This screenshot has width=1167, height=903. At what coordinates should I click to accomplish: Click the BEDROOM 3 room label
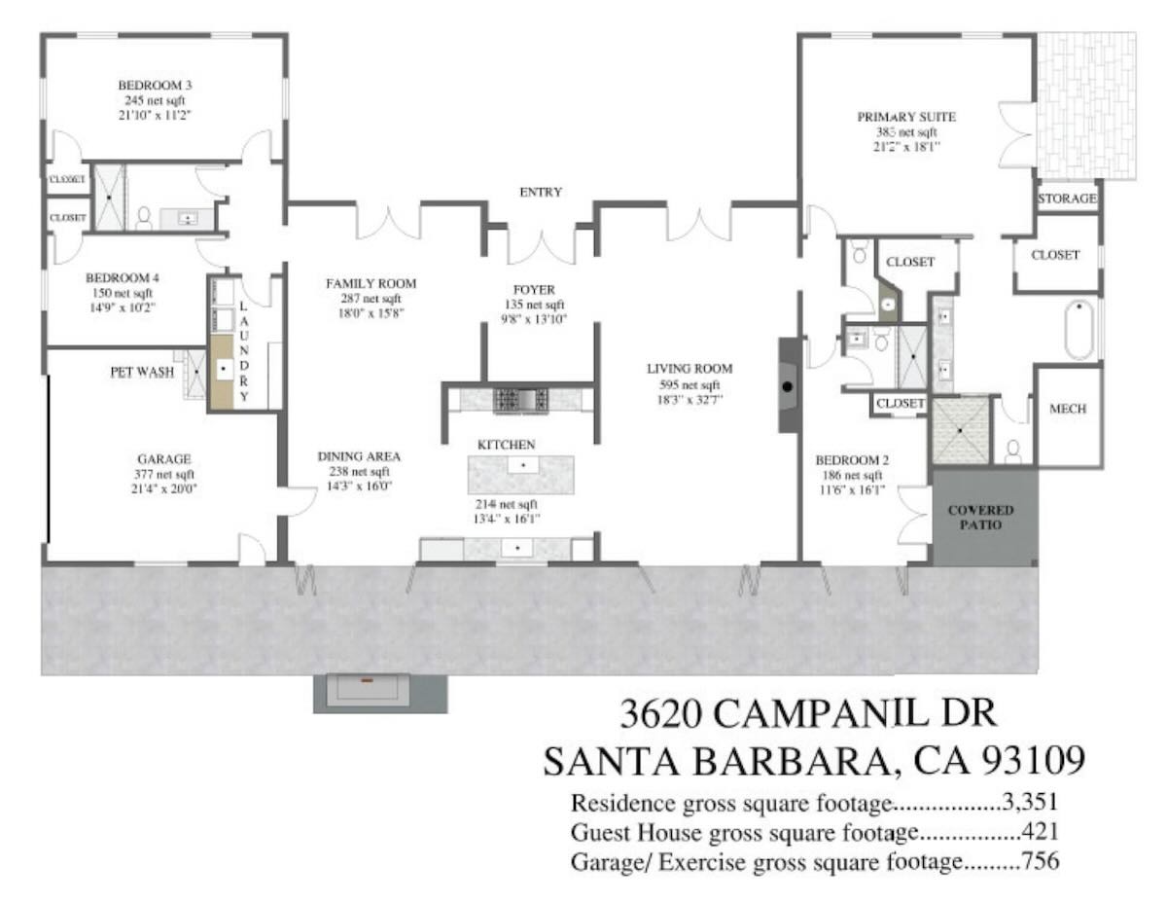155,85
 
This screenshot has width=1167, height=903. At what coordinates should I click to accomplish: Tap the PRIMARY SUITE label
906,117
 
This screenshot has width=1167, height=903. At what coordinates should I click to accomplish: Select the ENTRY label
541,192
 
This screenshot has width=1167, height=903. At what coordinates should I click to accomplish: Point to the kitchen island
520,474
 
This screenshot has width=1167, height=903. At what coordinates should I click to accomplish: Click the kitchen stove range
521,400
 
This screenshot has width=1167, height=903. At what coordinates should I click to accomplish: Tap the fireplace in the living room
788,384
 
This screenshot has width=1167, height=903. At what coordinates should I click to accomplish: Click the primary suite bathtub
1079,330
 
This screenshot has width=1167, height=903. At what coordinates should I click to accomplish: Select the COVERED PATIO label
980,518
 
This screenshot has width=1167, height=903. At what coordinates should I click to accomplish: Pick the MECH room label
1068,409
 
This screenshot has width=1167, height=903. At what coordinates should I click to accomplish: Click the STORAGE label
1067,199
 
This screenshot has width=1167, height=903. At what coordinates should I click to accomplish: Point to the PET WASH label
142,372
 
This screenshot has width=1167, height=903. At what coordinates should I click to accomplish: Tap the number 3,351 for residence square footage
1031,803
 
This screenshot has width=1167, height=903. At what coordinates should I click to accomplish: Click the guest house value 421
1041,832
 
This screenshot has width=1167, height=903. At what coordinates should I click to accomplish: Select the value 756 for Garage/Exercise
1041,861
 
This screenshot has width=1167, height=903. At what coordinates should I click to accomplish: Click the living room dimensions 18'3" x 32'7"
690,399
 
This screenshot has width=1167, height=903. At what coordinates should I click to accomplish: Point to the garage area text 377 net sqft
164,474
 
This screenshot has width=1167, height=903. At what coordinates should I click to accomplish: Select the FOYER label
534,290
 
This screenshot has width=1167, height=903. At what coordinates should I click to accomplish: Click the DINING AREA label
359,456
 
